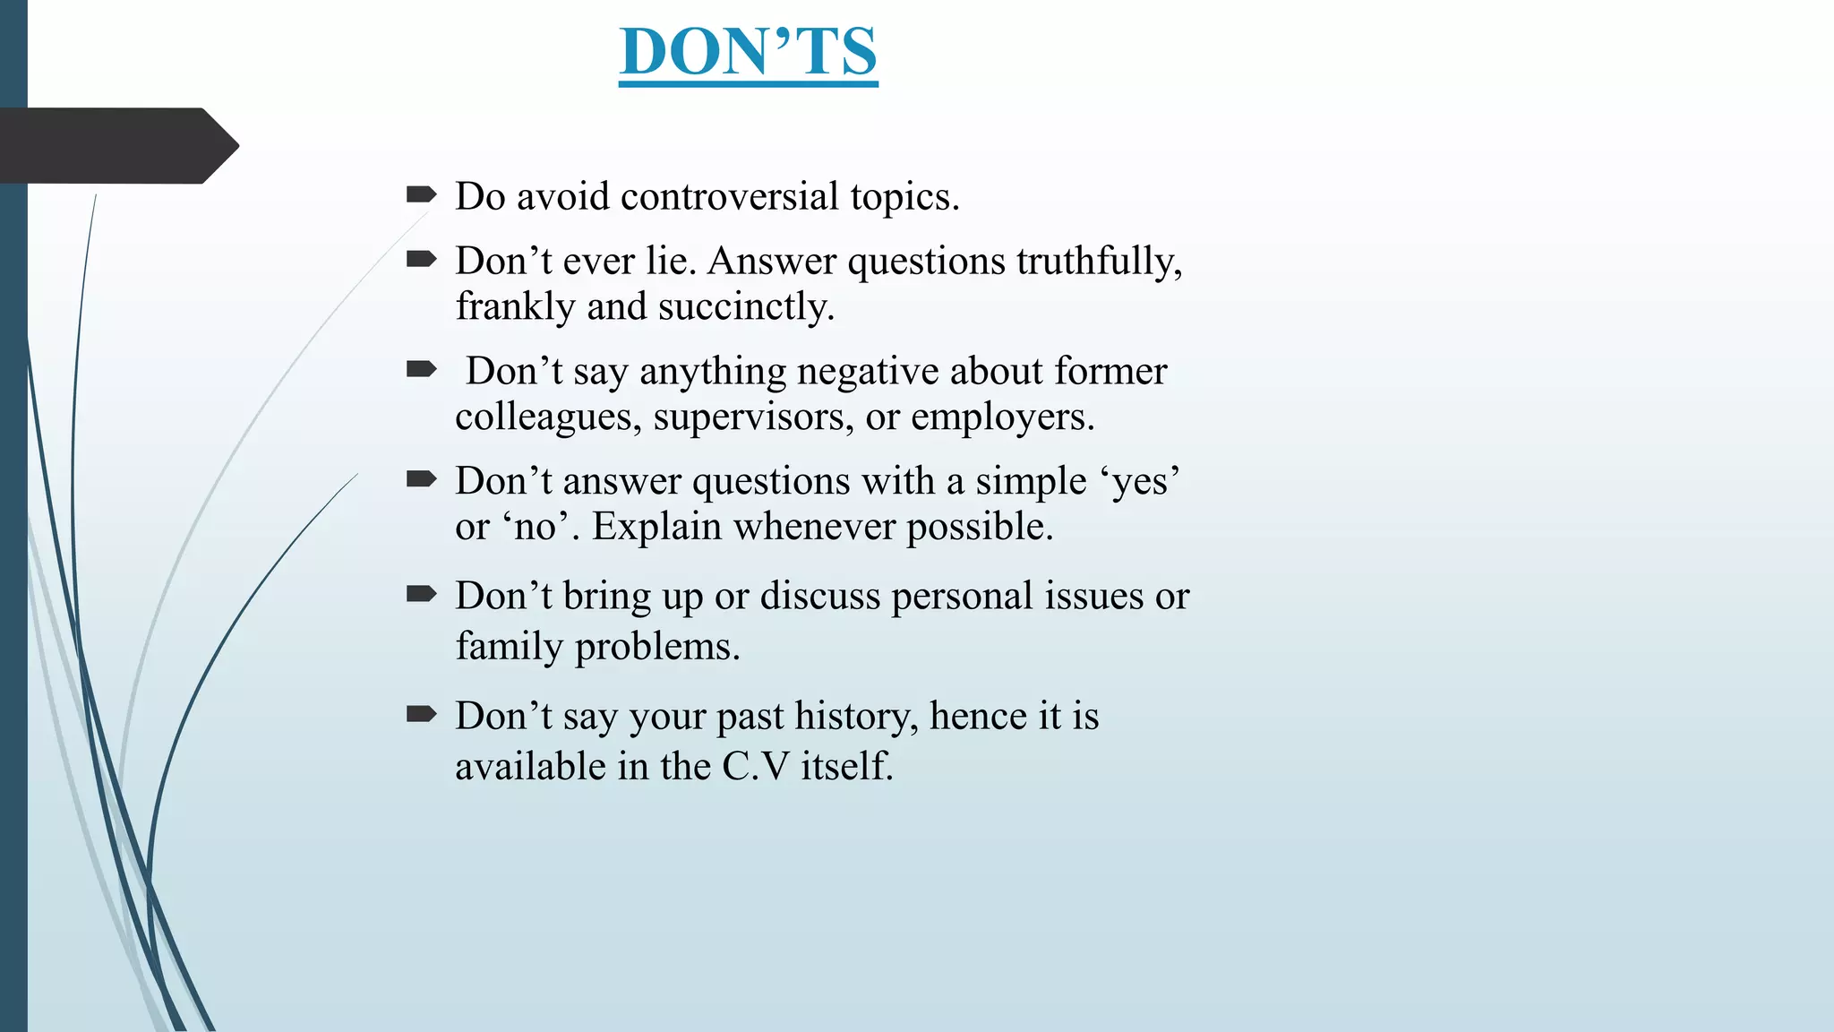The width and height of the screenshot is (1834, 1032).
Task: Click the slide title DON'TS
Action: point(748,52)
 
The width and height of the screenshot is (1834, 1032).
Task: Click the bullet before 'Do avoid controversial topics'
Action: point(421,194)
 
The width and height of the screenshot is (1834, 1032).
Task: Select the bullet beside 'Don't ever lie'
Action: point(421,260)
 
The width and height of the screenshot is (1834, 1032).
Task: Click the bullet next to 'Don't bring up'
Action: point(421,594)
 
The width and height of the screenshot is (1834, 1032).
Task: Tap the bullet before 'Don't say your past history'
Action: point(421,714)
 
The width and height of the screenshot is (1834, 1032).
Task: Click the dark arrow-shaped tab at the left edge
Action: point(116,146)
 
